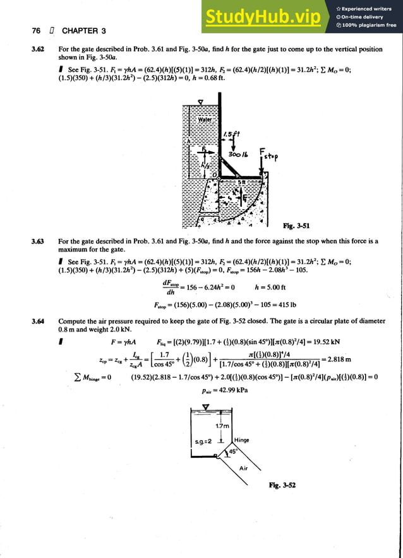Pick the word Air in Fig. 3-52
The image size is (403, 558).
tap(243, 468)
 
